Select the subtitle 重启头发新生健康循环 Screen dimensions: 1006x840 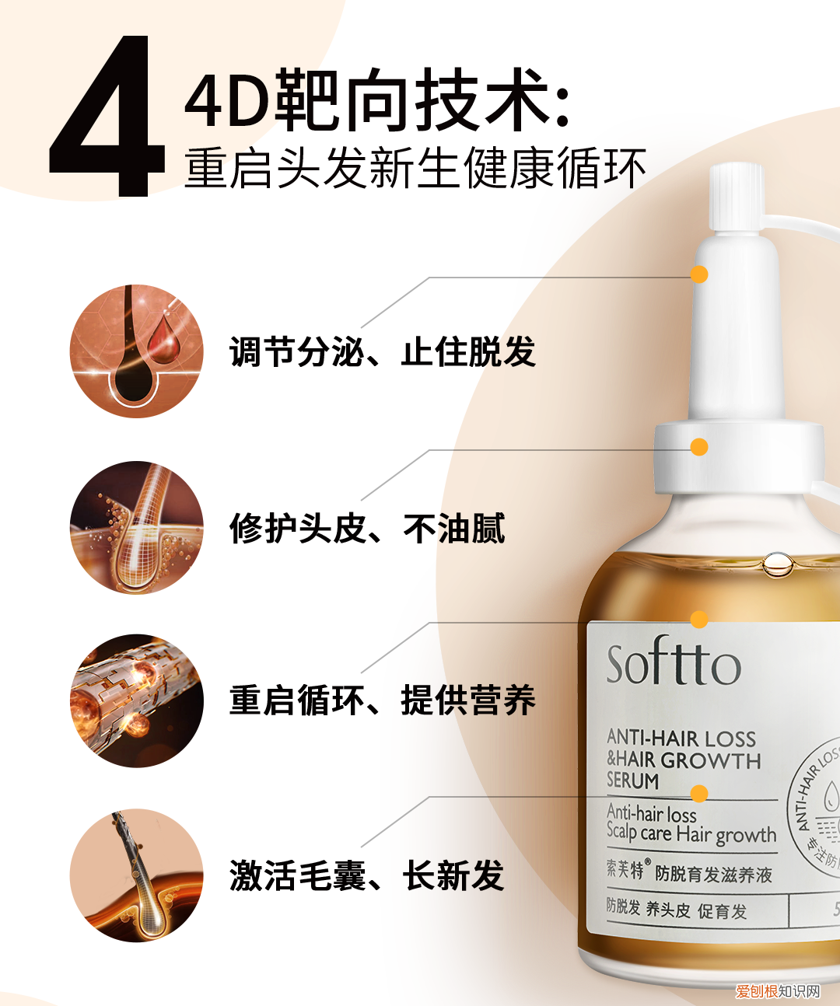[x=415, y=169]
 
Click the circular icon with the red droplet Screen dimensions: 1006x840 [x=136, y=351]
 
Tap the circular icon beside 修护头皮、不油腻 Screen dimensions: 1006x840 [x=136, y=528]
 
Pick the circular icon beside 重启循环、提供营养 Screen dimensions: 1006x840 [x=136, y=700]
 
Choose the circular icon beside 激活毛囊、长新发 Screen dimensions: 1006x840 [x=136, y=875]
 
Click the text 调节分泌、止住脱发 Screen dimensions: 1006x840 [x=382, y=352]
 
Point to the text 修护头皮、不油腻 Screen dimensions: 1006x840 [x=367, y=529]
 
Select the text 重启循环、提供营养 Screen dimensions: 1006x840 [x=382, y=700]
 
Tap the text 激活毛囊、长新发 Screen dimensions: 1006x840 [x=367, y=876]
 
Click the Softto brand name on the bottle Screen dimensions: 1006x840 [x=673, y=665]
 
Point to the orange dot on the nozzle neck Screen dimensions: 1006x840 [x=699, y=274]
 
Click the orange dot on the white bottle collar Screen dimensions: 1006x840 [x=699, y=447]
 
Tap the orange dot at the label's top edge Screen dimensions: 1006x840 [x=699, y=619]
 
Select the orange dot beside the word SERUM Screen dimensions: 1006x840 [x=699, y=793]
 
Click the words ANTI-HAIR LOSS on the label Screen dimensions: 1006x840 [x=681, y=738]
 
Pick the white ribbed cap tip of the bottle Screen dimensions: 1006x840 [x=735, y=197]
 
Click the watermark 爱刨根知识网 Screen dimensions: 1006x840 [x=778, y=991]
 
